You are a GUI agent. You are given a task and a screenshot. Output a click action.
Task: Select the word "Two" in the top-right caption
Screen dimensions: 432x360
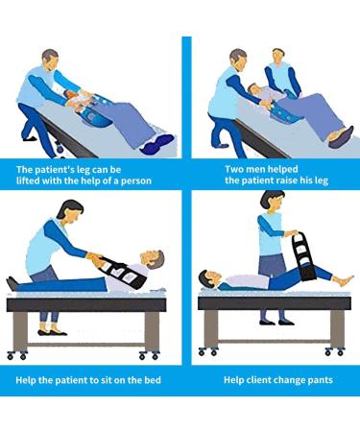click(220, 167)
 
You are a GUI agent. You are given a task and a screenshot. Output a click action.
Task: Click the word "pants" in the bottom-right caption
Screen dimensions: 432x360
click(314, 379)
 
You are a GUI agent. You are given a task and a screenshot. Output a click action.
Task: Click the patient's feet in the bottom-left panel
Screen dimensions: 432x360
click(12, 283)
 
